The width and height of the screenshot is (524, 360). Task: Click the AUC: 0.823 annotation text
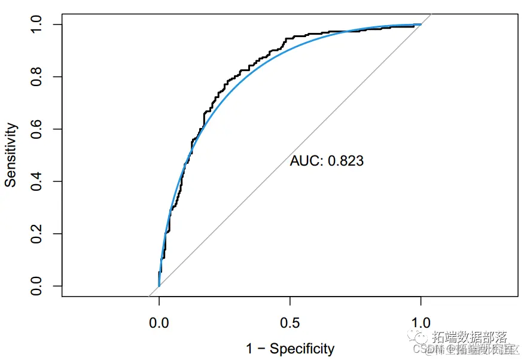tap(327, 161)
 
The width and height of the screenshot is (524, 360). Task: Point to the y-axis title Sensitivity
tap(11, 155)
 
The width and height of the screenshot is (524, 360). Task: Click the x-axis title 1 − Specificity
tap(290, 348)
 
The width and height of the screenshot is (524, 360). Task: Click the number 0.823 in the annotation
tap(346, 161)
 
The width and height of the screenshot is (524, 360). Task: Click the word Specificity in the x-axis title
tap(302, 348)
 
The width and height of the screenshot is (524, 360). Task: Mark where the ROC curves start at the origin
tap(159, 286)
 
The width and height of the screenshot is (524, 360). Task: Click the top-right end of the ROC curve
tap(421, 25)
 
